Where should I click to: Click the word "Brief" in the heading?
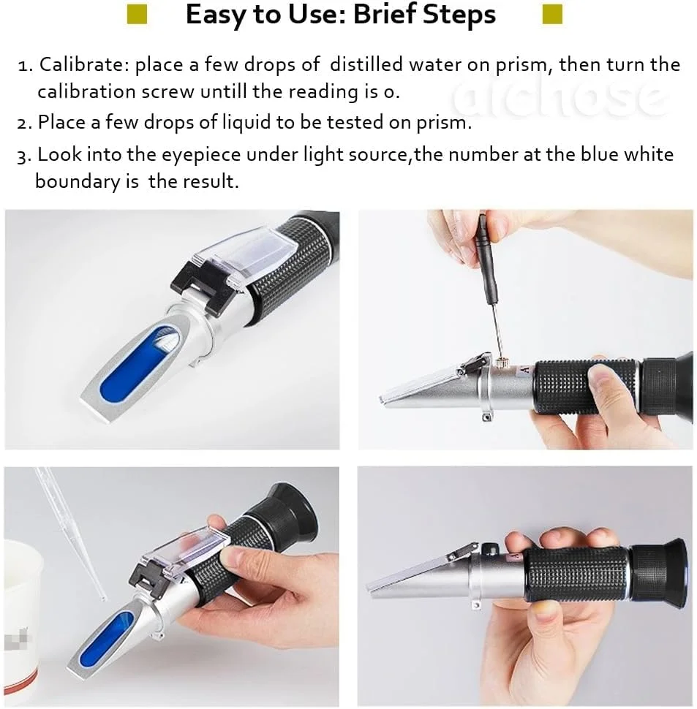pos(385,14)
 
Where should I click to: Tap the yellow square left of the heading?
pos(137,15)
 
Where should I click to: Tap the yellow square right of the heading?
pos(552,14)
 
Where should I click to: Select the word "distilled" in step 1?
pos(366,64)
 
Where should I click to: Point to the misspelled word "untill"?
pos(224,91)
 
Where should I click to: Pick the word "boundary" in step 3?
pos(78,182)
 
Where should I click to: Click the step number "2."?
pos(24,123)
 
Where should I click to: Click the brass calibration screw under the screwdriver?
pos(500,363)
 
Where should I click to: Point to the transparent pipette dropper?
pos(70,534)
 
